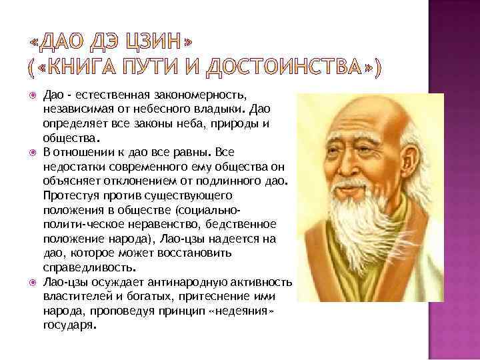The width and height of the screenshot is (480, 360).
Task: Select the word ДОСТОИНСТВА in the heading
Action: (x=289, y=67)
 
